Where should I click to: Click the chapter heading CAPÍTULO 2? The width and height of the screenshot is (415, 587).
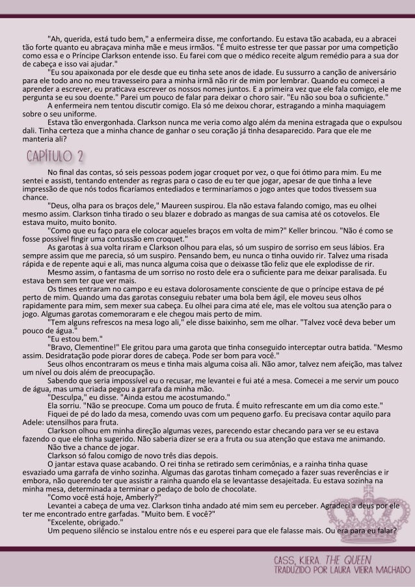(x=55, y=157)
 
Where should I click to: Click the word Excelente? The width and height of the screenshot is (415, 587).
(x=71, y=523)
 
